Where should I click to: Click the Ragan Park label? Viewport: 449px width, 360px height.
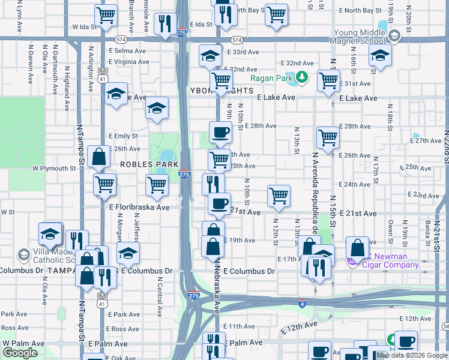tap(271, 78)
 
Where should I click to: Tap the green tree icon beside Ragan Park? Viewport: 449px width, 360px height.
tap(303, 77)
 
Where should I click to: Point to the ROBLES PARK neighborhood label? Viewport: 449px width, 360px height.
tap(149, 164)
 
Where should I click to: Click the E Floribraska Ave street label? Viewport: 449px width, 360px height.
tap(139, 207)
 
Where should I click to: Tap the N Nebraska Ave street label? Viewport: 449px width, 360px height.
tap(218, 286)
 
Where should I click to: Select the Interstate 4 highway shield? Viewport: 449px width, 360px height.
tap(302, 304)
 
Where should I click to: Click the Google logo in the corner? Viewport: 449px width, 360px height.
tap(20, 352)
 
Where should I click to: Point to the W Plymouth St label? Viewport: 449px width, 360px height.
tap(54, 169)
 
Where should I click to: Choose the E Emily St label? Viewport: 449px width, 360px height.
tap(122, 136)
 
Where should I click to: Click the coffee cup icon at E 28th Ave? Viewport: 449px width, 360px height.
tap(220, 132)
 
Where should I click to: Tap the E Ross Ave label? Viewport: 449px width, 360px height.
tap(125, 329)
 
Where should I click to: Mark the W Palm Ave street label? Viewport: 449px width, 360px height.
tap(24, 343)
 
